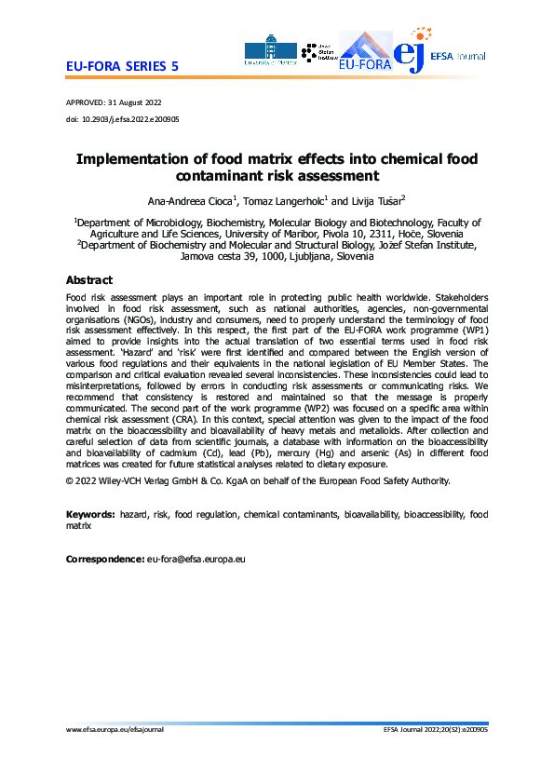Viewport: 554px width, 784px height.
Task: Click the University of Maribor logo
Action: coord(270,52)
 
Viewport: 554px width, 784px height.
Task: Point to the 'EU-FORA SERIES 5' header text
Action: coord(122,68)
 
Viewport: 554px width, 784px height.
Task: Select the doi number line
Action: coord(123,120)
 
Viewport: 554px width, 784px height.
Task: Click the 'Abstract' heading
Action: coord(89,280)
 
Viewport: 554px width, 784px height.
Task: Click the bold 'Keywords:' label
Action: coord(91,514)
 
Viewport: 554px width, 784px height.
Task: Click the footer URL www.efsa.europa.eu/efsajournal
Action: coord(115,756)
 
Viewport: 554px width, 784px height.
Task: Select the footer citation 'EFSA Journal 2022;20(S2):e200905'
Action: coord(435,756)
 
